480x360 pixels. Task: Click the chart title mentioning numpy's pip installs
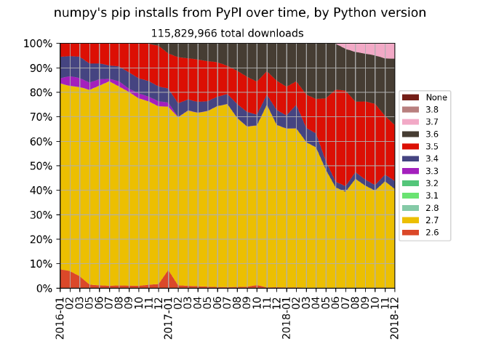240,13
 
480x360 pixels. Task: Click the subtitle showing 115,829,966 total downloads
227,33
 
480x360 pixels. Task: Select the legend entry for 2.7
425,220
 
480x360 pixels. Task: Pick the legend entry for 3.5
425,146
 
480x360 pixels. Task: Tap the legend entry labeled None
425,97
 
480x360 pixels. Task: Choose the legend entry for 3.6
425,134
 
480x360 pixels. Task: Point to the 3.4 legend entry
425,159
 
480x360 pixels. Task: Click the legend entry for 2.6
425,233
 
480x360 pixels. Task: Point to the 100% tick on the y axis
38,44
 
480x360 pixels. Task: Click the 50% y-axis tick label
41,166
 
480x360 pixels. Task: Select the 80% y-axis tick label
41,92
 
